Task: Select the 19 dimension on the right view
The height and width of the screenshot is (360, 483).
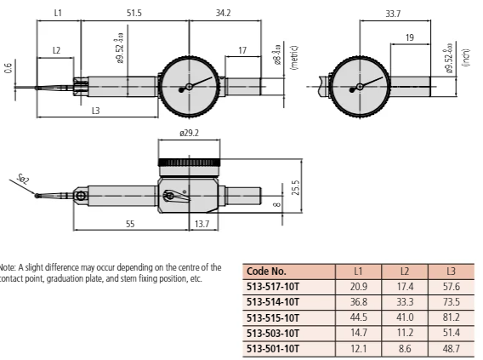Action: coord(410,38)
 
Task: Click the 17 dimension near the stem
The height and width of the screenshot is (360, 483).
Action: coord(242,51)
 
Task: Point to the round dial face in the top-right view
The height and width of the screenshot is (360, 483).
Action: coord(360,87)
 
